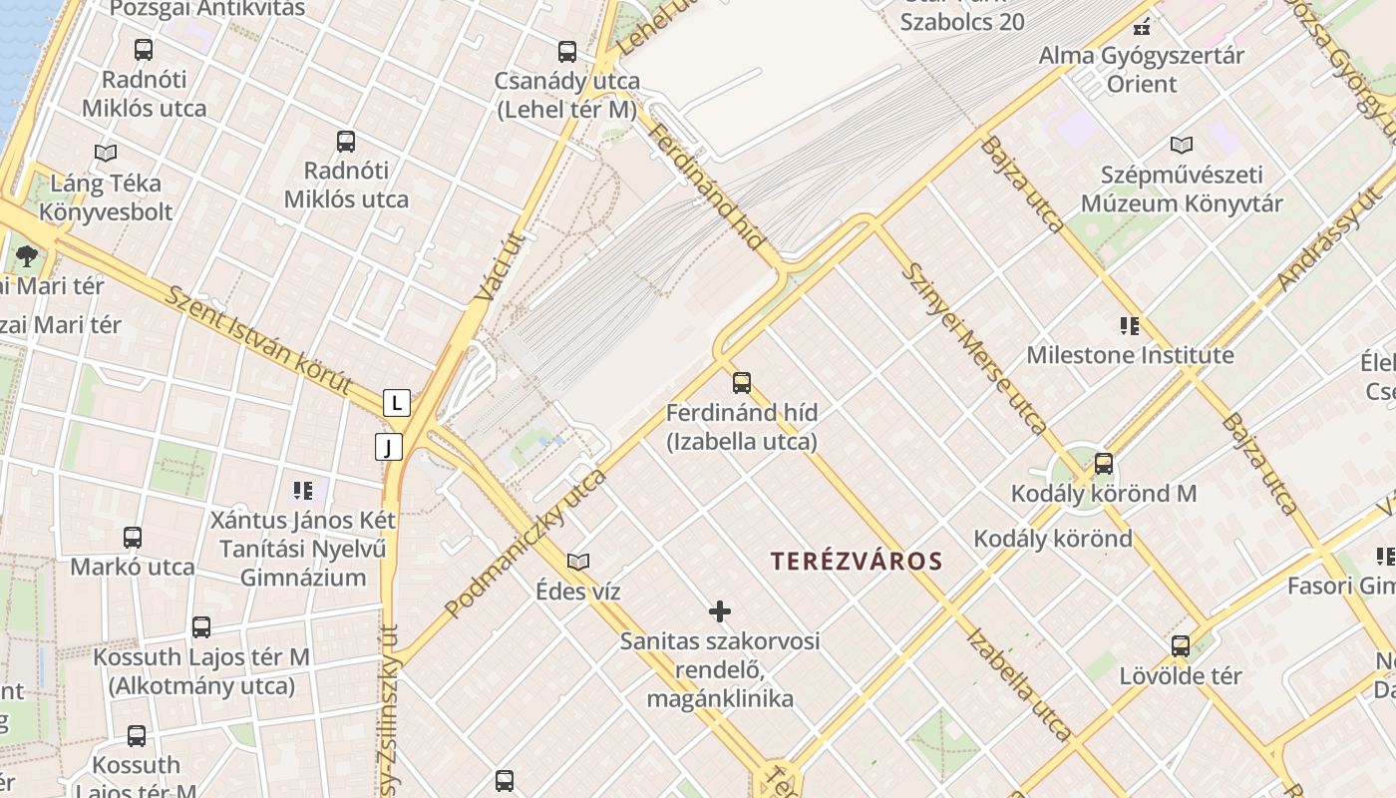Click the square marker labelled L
point(397,403)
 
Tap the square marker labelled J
point(389,447)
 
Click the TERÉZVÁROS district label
point(857,561)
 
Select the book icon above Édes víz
point(578,562)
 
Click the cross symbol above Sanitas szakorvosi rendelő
point(720,610)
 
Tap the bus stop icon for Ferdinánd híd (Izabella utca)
point(741,382)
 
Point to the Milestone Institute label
point(1130,355)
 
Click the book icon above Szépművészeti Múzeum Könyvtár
point(1182,145)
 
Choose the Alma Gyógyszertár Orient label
point(1142,70)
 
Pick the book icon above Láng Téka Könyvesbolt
point(106,153)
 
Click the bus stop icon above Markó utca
point(133,538)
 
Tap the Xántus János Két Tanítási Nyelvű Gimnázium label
point(303,549)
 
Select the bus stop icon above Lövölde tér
point(1181,646)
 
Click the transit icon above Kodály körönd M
point(1104,463)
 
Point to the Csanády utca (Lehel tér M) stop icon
point(567,52)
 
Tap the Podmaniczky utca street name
point(525,543)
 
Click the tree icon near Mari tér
point(27,256)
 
